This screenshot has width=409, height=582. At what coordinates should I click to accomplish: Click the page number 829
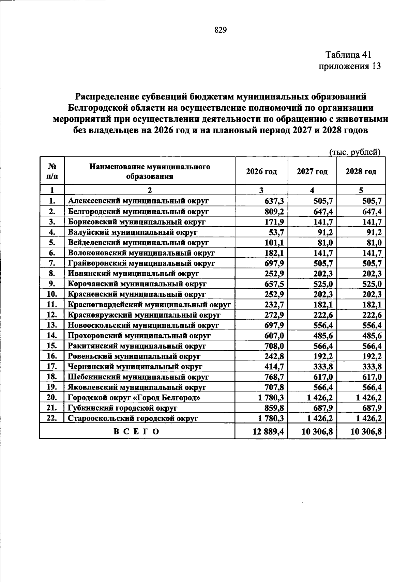tap(221, 30)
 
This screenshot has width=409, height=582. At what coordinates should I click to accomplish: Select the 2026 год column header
tap(261, 171)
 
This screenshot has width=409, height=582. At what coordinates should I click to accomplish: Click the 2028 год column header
tap(361, 171)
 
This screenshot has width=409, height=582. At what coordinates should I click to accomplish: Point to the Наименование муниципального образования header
tap(150, 171)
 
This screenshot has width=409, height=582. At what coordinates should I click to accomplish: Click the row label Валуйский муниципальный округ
tap(133, 232)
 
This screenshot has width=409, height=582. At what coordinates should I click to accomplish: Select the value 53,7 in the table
tap(276, 232)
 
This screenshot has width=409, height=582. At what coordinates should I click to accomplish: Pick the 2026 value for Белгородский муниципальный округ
tap(274, 212)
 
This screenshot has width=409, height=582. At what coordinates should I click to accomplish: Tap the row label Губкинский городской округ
tap(123, 408)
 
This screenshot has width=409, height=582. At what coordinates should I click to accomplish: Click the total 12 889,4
tap(268, 432)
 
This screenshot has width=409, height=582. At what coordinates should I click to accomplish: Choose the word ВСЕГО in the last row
tap(136, 432)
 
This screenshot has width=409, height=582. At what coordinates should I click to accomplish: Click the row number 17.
tap(51, 367)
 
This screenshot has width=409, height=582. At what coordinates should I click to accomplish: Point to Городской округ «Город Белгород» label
tap(134, 398)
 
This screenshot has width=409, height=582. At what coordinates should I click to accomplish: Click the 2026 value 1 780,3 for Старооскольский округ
tap(270, 418)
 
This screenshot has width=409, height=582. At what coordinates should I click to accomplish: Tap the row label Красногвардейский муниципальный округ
tap(149, 305)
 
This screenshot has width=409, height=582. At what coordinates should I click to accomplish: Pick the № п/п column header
tap(52, 171)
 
